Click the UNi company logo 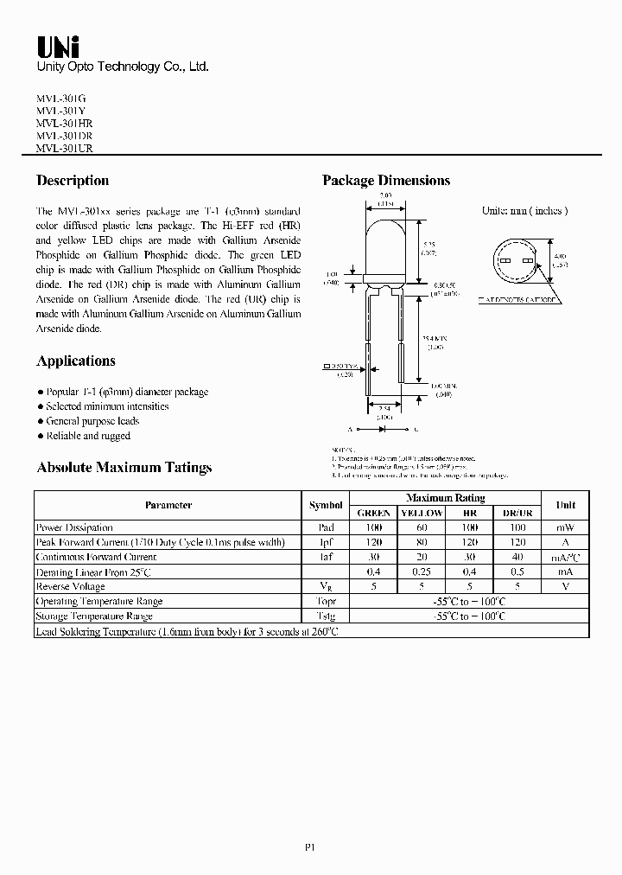54,46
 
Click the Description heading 73,181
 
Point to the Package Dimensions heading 386,181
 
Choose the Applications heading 76,361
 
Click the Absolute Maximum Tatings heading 124,468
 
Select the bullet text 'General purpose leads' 92,421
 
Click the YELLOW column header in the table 422,513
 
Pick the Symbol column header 326,505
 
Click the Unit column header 565,505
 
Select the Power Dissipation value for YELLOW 422,527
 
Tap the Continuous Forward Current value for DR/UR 517,557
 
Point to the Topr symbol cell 326,601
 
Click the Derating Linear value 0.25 422,572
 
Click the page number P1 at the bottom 310,848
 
